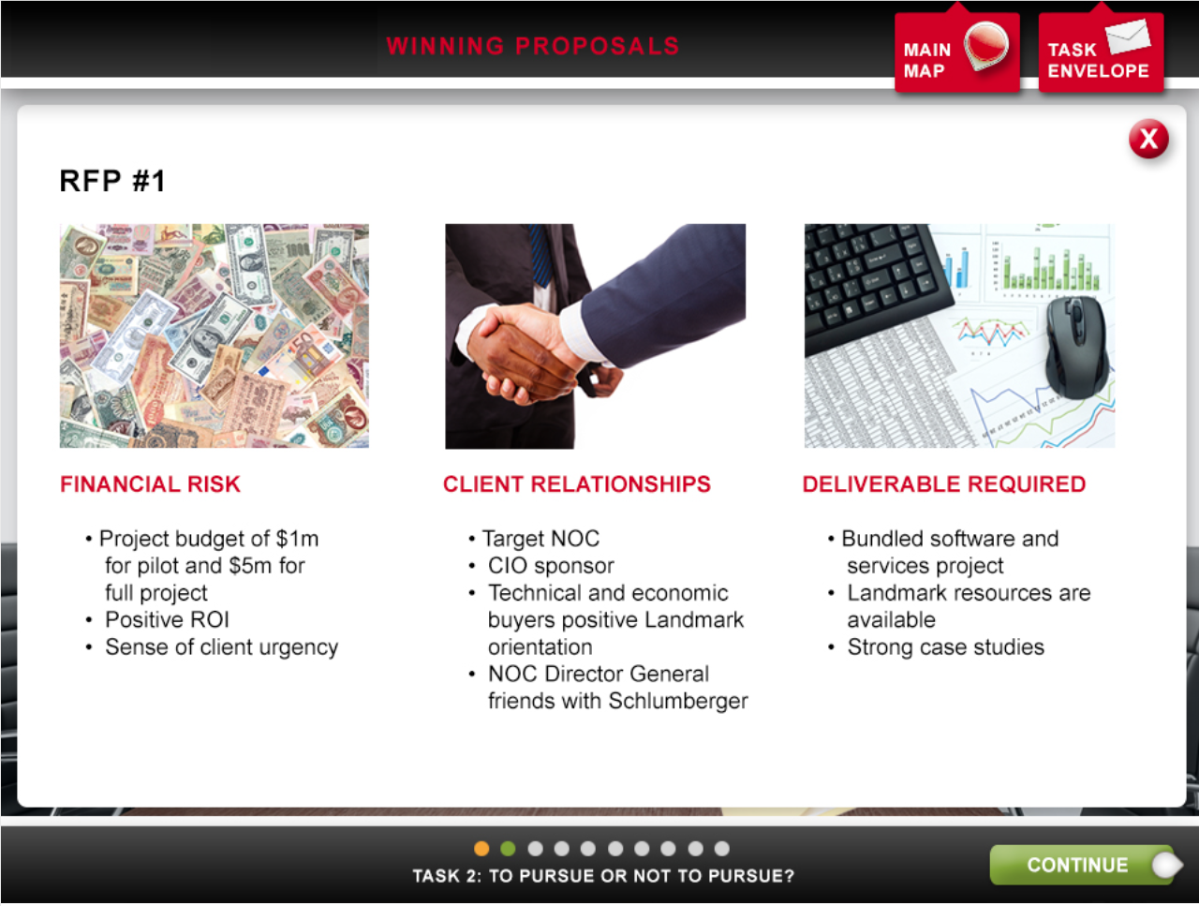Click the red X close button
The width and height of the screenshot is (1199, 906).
(1148, 139)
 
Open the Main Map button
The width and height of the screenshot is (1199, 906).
(957, 52)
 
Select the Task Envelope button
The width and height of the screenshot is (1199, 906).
(1101, 52)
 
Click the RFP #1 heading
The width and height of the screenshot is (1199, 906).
(112, 181)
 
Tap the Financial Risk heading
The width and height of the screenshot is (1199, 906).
(150, 484)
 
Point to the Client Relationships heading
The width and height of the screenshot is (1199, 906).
(577, 484)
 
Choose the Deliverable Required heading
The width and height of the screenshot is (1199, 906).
(944, 484)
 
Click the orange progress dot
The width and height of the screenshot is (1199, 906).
(481, 848)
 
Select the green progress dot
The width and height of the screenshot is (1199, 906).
(508, 848)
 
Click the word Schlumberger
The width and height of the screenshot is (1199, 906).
(678, 701)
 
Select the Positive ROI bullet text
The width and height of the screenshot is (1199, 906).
(167, 620)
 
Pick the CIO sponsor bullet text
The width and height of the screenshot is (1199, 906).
(551, 566)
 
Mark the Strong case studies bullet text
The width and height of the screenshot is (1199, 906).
(945, 647)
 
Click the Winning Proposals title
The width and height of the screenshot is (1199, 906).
(533, 46)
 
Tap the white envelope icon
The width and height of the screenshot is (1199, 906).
(1128, 36)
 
